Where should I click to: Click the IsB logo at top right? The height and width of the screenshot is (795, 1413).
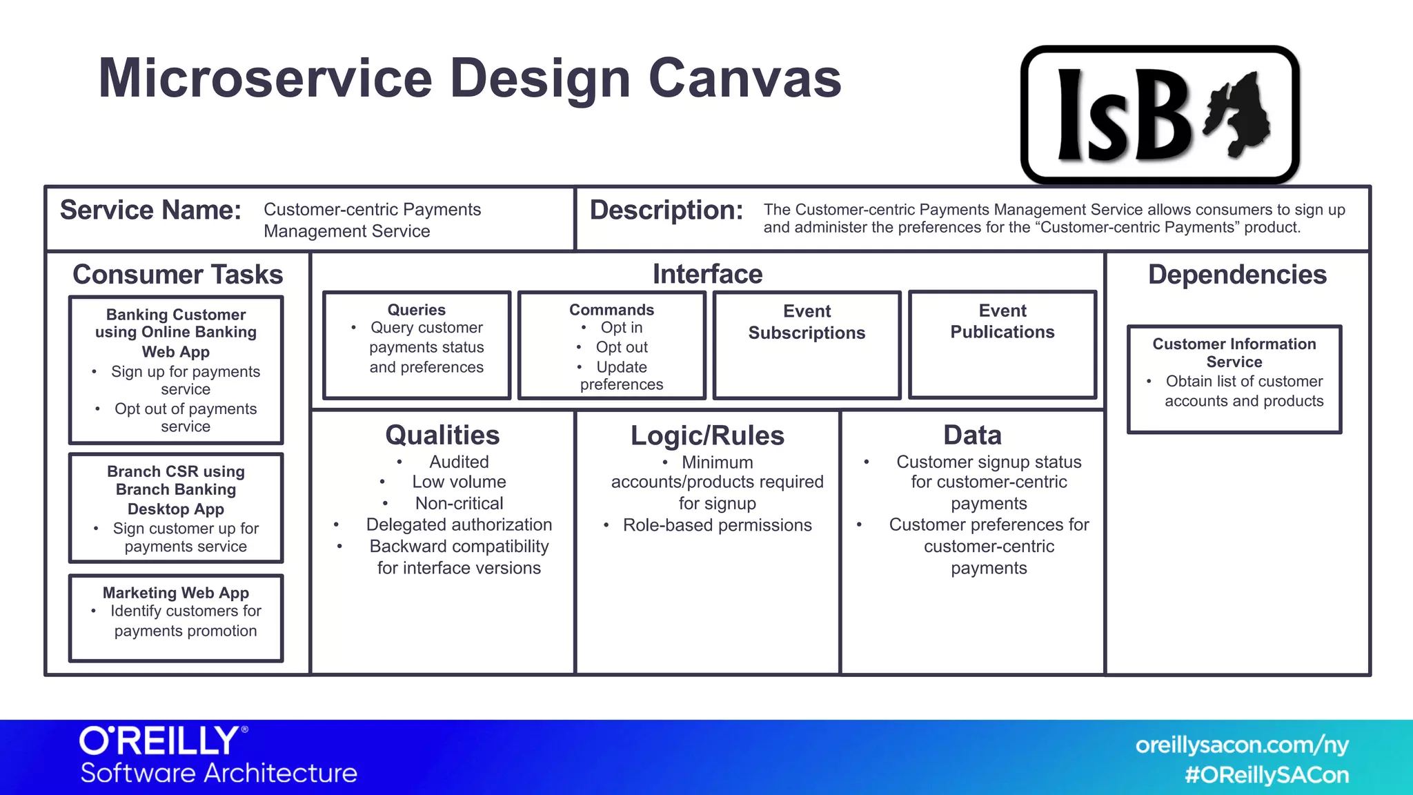click(1159, 115)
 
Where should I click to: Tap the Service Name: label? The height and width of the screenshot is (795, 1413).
click(150, 210)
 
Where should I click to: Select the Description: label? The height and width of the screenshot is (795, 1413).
click(666, 210)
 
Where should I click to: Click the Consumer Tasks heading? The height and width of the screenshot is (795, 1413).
click(177, 275)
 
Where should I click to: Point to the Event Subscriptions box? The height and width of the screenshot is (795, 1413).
click(807, 345)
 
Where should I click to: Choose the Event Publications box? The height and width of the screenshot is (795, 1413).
click(1002, 345)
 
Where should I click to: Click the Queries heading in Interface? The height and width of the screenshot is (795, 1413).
click(416, 310)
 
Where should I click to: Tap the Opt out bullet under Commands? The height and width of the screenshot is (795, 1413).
click(622, 347)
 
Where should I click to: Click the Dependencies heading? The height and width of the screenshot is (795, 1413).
click(1236, 275)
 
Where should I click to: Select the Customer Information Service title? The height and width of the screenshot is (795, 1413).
click(1234, 353)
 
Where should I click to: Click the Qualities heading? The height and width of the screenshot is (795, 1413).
click(442, 435)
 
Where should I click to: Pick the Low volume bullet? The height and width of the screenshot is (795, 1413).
click(459, 482)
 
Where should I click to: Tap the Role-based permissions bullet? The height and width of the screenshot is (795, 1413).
click(717, 525)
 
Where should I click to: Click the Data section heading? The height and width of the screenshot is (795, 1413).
click(972, 435)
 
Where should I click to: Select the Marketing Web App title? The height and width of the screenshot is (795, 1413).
click(175, 593)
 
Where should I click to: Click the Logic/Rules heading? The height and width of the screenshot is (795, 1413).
click(707, 436)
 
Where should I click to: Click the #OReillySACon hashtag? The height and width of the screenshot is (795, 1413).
click(1266, 775)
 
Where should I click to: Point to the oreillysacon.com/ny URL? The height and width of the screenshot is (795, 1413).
click(1241, 745)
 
